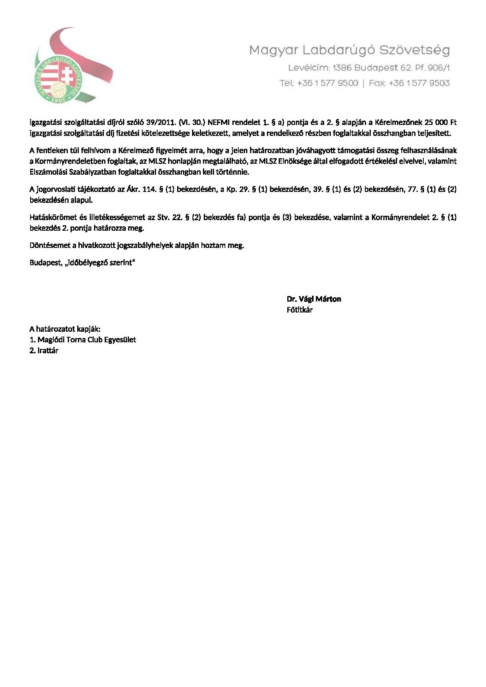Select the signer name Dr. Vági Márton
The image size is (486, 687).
click(x=314, y=299)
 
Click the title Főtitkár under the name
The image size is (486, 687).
click(x=299, y=310)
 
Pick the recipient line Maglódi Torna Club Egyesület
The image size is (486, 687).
click(x=87, y=340)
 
